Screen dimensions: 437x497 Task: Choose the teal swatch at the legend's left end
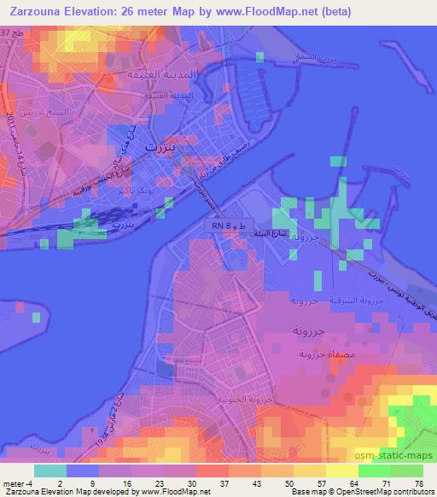50,471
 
